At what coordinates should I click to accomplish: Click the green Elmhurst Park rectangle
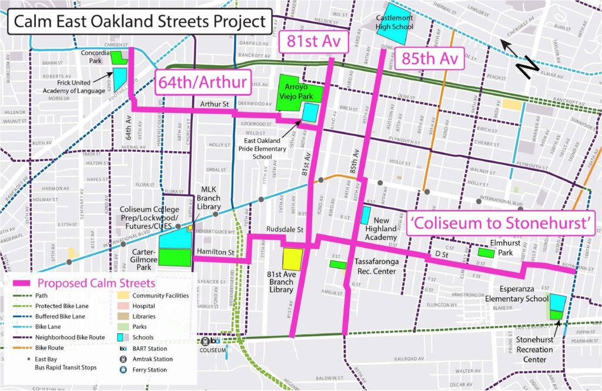click(x=486, y=252)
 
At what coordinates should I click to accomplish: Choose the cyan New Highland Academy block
click(x=366, y=215)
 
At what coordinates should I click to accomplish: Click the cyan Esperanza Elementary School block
click(x=557, y=302)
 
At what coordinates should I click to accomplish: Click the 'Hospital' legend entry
click(x=144, y=306)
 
